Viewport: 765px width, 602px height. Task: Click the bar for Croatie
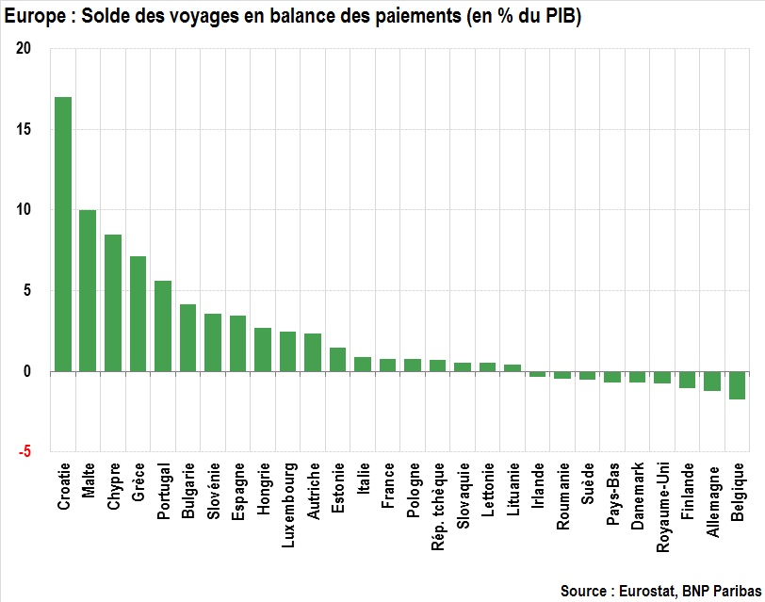(63, 235)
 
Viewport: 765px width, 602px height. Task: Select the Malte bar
(88, 290)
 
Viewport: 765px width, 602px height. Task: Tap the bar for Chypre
(113, 302)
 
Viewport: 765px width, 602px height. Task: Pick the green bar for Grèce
(138, 314)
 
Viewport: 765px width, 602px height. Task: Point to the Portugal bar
(163, 326)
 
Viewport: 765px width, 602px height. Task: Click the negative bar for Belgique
(737, 385)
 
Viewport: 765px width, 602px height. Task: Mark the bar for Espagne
(238, 344)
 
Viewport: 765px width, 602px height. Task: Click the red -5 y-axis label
(24, 452)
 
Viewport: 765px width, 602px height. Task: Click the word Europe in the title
(28, 15)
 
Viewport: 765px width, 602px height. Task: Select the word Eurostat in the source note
(652, 591)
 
